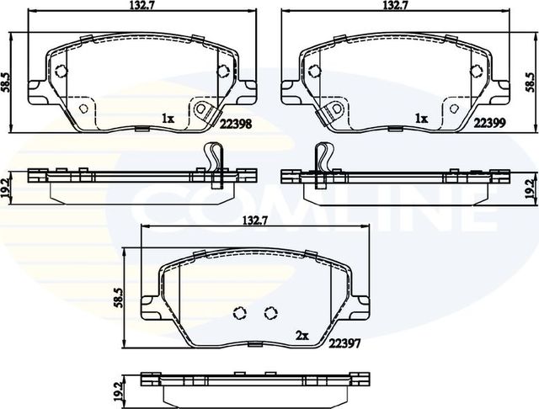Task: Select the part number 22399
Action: [489, 122]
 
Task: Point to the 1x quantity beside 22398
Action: [168, 120]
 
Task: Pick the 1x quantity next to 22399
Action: [422, 120]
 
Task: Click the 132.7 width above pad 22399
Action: [395, 6]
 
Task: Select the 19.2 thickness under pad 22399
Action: [530, 186]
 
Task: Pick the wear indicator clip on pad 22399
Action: [333, 110]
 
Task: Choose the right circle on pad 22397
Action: [270, 313]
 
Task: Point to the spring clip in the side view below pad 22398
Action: [214, 160]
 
